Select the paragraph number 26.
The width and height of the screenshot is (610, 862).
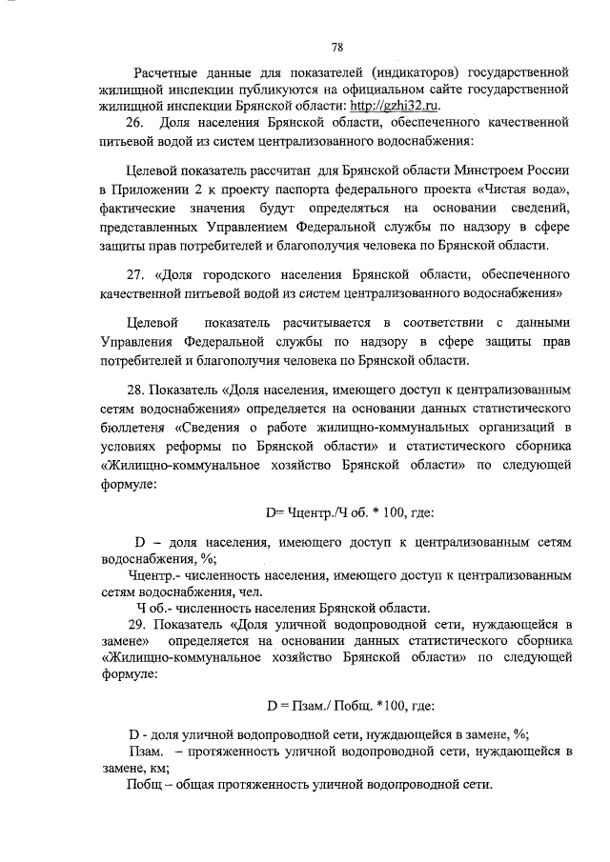(134, 124)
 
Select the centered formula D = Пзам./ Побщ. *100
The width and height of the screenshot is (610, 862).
(350, 706)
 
